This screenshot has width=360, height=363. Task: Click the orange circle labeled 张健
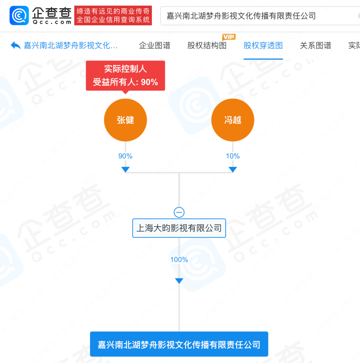125,120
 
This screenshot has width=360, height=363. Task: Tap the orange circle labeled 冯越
233,120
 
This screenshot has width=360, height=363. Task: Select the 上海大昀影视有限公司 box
179,228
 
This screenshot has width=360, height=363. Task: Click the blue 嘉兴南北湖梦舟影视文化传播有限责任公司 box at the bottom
179,344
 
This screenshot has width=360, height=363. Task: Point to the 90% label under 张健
125,156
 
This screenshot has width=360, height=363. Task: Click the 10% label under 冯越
233,156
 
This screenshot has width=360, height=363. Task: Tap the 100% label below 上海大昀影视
179,260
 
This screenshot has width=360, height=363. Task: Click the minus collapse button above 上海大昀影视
179,212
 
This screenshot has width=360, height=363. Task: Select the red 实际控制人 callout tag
125,75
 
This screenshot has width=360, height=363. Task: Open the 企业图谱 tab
155,45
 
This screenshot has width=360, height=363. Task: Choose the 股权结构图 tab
207,45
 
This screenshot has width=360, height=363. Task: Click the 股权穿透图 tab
263,45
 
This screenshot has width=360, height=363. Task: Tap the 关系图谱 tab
315,45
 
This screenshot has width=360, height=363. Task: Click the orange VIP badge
229,37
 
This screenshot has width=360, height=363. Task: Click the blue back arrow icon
16,45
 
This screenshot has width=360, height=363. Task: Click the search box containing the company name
260,16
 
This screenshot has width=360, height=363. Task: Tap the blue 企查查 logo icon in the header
19,16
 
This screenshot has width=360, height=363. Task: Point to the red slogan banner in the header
113,16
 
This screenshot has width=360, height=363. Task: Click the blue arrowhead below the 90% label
125,170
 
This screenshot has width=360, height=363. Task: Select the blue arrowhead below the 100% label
179,281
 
